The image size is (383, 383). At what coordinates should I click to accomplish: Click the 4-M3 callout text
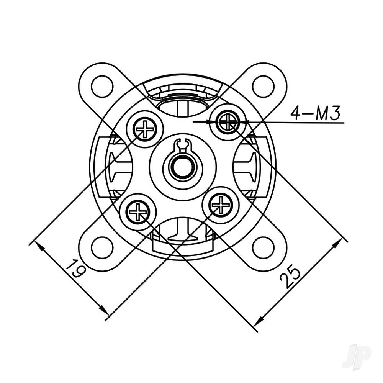pos(315,114)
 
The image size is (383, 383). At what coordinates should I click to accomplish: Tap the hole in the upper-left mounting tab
pos(102,87)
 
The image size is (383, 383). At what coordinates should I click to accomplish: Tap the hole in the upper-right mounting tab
pos(263,87)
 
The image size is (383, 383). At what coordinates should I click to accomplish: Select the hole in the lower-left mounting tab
pos(102,247)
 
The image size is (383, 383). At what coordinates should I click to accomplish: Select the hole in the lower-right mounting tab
pos(263,247)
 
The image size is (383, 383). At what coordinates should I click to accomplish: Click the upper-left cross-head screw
pos(145,129)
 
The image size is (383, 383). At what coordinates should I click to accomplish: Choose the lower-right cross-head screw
pos(221,205)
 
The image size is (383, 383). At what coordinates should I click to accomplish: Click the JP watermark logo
pos(356,356)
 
